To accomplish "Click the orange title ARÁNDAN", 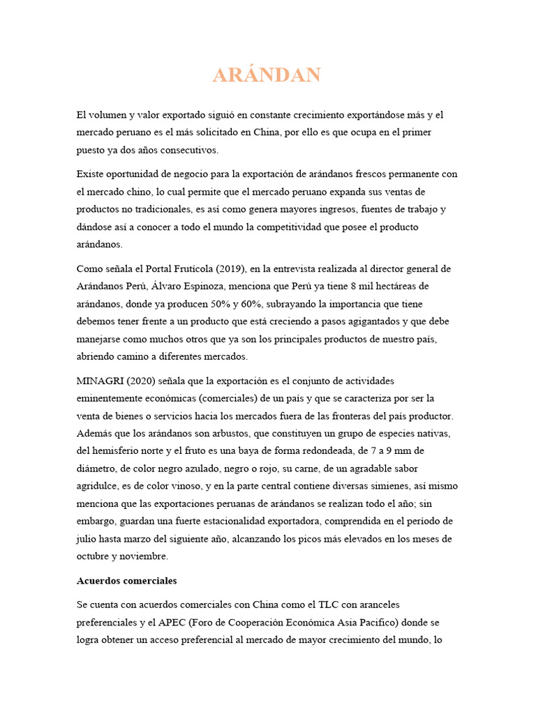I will [267, 75].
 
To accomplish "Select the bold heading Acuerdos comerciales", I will [126, 580].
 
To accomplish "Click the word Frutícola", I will [195, 268].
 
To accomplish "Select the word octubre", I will [94, 556].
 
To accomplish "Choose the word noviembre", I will [142, 556].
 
